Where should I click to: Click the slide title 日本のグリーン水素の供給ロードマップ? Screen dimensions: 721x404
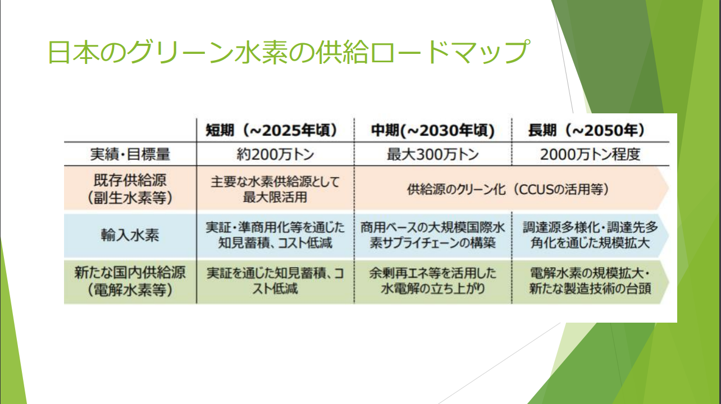(289, 52)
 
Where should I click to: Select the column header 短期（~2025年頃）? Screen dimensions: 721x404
(272, 130)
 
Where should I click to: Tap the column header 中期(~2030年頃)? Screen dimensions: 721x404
(432, 130)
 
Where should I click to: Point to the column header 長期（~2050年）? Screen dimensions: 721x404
(587, 130)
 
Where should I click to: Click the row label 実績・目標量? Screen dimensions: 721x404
(130, 154)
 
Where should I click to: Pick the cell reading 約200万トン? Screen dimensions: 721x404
(275, 154)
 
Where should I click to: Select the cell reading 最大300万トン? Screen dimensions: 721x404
(432, 154)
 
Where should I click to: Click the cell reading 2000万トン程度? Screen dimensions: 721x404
(590, 154)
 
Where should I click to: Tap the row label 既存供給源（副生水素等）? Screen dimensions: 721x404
(130, 189)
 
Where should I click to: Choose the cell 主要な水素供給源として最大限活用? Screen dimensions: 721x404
(275, 189)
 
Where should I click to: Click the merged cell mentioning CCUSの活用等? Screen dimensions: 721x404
(508, 189)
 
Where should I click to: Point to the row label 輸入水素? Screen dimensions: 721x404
(130, 235)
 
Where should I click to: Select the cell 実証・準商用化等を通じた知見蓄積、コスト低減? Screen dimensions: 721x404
(275, 235)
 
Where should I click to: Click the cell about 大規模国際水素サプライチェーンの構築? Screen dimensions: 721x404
(432, 235)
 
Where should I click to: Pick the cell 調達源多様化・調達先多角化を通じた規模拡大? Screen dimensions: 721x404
(590, 235)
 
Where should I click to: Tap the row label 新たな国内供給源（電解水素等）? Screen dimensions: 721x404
(130, 281)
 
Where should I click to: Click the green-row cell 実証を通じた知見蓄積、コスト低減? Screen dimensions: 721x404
(275, 281)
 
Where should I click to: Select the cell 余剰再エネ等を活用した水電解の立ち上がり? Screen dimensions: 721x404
(432, 281)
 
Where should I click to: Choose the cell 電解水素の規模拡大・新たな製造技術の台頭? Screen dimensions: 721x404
(590, 281)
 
